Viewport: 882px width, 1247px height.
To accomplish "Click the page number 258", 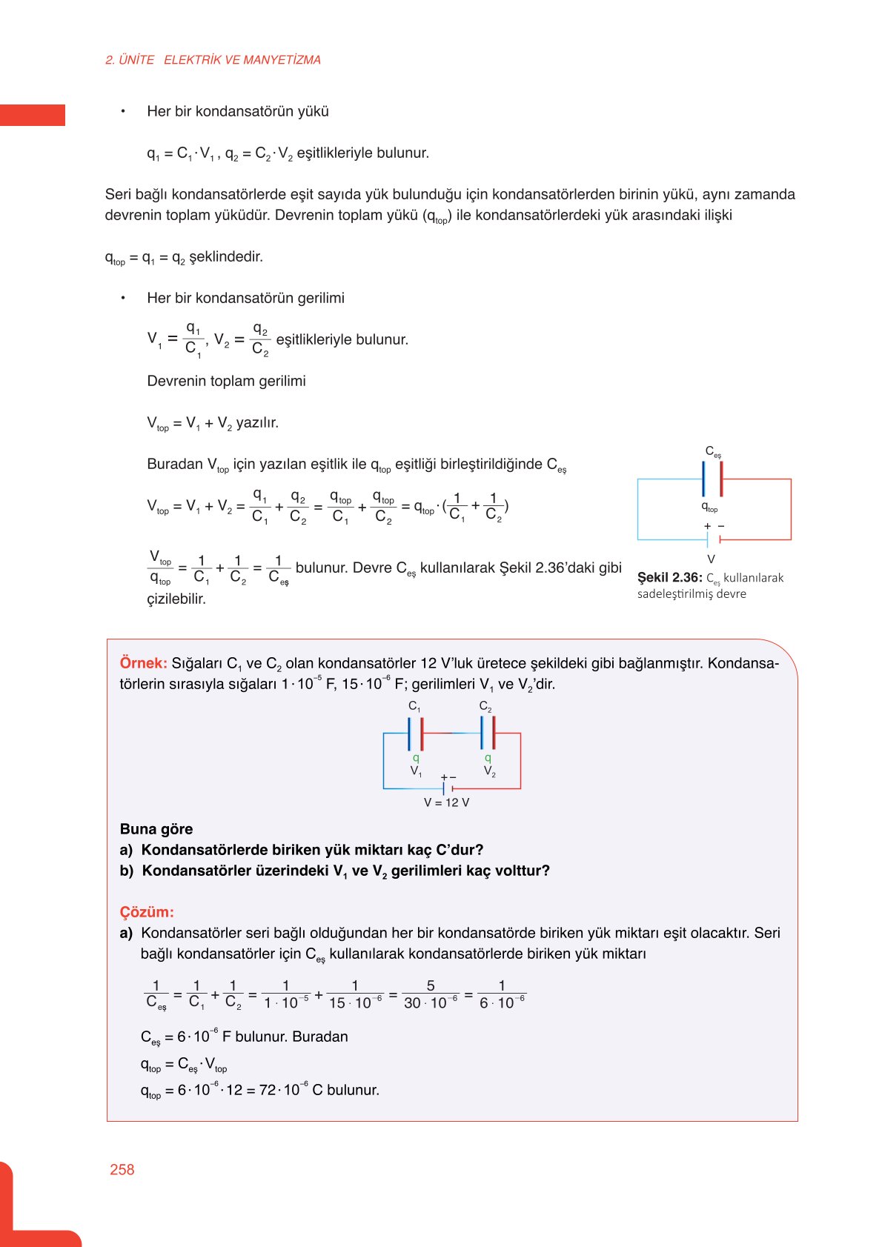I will pos(122,1169).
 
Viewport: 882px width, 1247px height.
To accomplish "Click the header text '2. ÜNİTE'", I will pos(130,60).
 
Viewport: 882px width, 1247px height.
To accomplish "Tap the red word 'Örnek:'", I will pos(143,663).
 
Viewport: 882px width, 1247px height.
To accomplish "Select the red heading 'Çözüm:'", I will pos(147,912).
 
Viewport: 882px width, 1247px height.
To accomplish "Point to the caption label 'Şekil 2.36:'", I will pos(669,577).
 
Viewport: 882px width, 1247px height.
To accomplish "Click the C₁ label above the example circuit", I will pos(414,706).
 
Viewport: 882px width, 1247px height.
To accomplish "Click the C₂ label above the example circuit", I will pos(485,706).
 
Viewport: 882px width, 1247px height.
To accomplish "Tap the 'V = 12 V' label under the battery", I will pos(446,802).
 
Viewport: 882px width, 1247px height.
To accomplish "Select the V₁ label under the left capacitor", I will pos(416,771).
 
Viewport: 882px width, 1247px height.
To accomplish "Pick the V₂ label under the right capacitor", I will pos(489,771).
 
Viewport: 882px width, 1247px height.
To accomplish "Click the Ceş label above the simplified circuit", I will pos(712,451).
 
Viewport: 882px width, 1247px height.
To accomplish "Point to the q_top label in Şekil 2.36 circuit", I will pos(709,507).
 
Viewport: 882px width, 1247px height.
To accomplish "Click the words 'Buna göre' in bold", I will pos(156,829).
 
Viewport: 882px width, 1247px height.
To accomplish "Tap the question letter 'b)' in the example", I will pos(127,871).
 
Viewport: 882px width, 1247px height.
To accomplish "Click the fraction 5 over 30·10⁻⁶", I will pos(431,994).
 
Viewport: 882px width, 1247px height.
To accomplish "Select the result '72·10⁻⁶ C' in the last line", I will pos(291,1090).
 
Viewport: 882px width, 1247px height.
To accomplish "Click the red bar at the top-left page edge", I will pos(32,115).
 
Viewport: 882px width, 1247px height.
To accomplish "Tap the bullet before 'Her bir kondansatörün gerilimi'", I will pos(123,298).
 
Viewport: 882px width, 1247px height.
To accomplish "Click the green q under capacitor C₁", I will pos(416,758).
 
